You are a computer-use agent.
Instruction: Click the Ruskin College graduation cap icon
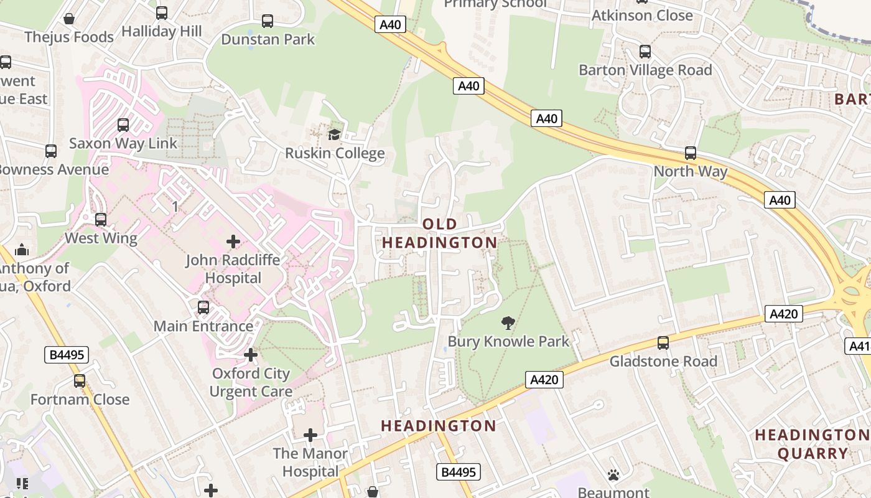click(335, 134)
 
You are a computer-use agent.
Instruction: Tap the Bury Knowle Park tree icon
click(508, 322)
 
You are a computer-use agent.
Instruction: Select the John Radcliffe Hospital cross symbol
click(233, 241)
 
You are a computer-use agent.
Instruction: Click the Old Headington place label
click(440, 233)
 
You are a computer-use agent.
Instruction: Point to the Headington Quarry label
click(813, 444)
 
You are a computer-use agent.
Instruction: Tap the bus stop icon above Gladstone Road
click(663, 342)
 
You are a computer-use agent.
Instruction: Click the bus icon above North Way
click(690, 153)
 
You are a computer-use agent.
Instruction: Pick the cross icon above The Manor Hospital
click(310, 435)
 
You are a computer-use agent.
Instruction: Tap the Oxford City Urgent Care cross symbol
click(251, 355)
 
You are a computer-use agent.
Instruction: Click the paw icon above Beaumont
click(613, 475)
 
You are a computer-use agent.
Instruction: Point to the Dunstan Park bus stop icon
click(268, 21)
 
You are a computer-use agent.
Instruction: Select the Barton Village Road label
click(645, 70)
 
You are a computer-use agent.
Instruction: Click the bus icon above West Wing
click(100, 219)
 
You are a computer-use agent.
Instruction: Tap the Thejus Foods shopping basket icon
click(69, 19)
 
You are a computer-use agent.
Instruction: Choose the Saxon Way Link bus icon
click(123, 125)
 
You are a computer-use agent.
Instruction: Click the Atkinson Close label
click(642, 15)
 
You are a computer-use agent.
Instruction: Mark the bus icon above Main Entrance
click(203, 307)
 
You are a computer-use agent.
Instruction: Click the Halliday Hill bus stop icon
click(162, 12)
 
